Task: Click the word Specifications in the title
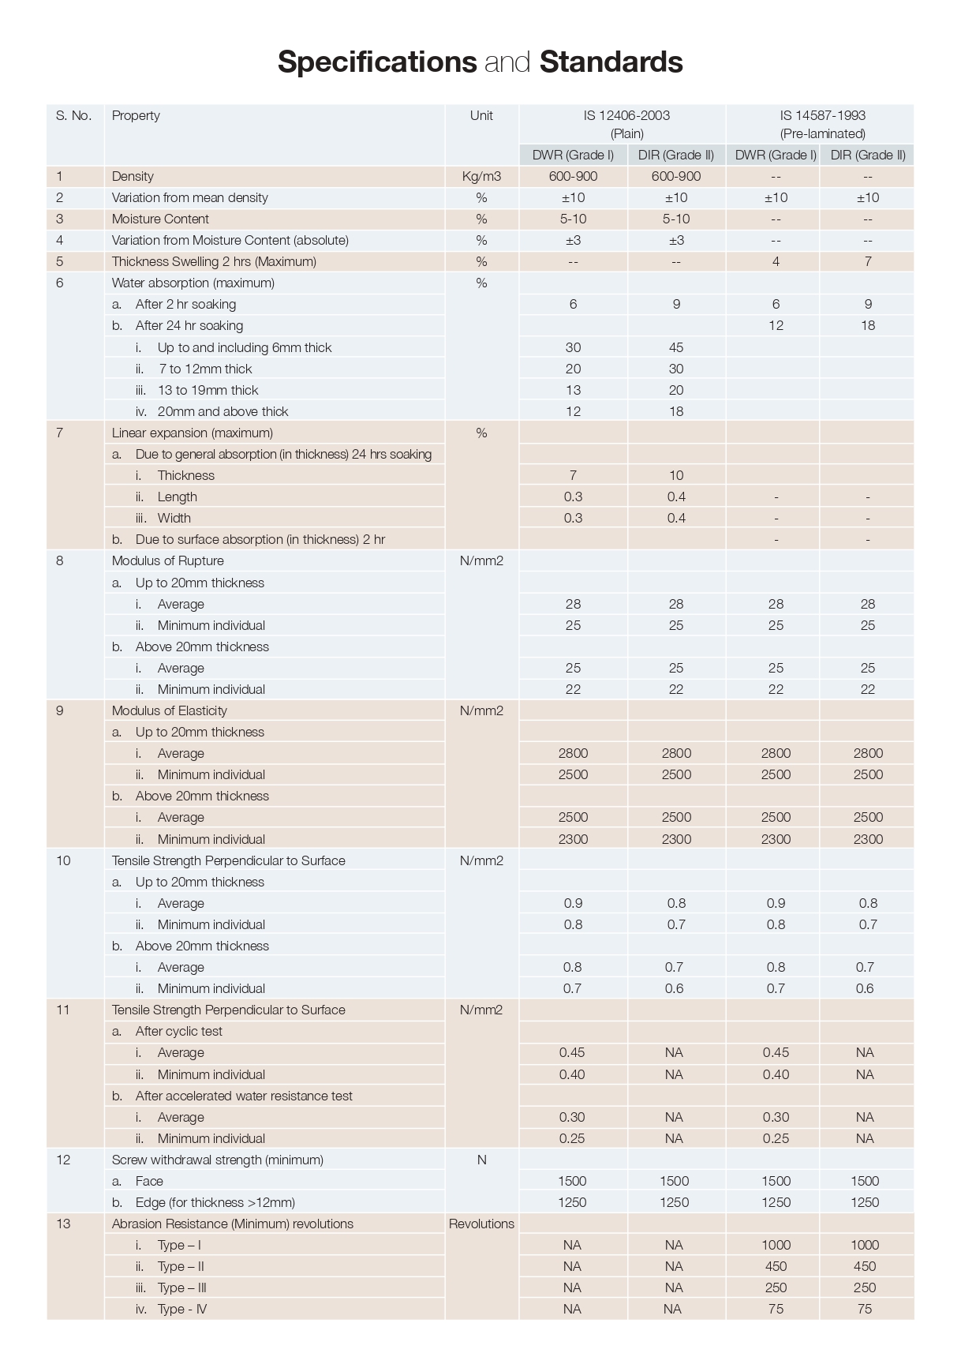[x=376, y=62]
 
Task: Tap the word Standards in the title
[x=611, y=62]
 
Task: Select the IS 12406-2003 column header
[x=626, y=116]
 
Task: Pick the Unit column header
[x=481, y=116]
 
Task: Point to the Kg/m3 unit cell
[x=481, y=177]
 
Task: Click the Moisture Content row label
[x=160, y=219]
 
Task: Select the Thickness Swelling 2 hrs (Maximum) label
[x=214, y=262]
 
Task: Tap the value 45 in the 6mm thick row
[x=676, y=347]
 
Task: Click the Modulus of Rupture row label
[x=167, y=561]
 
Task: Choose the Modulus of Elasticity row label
[x=169, y=711]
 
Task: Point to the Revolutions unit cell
[x=481, y=1224]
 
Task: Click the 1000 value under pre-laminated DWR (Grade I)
[x=776, y=1246]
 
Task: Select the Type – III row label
[x=181, y=1288]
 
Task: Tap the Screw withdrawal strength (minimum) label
[x=217, y=1160]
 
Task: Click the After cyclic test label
[x=178, y=1032]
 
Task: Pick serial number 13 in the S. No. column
[x=63, y=1224]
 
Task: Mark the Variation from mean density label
[x=189, y=198]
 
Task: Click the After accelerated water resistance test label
[x=243, y=1096]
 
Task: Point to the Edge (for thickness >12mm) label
[x=215, y=1203]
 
